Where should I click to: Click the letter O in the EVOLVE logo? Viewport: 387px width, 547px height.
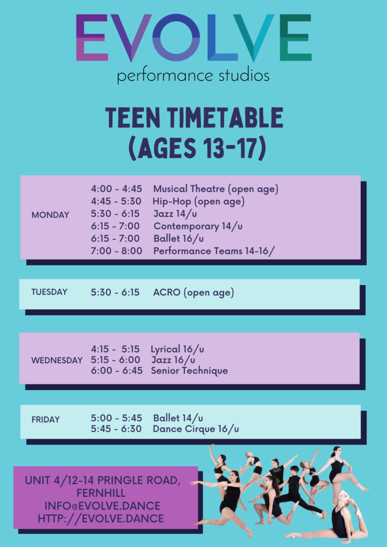[176, 38]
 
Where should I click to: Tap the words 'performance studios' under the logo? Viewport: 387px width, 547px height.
[193, 76]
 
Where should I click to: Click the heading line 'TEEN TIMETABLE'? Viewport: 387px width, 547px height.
[194, 118]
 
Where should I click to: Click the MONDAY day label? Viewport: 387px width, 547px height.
[50, 215]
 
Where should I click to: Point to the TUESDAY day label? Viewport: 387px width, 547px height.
[49, 292]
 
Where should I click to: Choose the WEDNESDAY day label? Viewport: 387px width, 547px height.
[57, 360]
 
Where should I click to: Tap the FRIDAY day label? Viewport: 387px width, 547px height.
[46, 419]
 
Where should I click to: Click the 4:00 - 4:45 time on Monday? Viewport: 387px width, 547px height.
[117, 189]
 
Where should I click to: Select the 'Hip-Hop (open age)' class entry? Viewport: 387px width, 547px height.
[198, 201]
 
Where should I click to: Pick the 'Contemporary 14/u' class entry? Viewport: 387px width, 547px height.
[198, 226]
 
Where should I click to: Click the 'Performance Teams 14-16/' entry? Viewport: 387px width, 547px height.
[212, 251]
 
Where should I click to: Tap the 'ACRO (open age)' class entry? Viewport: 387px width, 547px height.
[193, 293]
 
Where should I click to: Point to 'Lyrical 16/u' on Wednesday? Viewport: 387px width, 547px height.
[177, 349]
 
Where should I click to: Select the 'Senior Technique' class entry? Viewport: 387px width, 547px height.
[189, 371]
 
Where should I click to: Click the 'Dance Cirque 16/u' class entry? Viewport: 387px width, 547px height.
[196, 429]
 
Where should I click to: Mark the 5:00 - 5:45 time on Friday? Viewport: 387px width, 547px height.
[117, 418]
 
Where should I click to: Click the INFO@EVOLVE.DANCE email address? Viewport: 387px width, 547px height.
[102, 505]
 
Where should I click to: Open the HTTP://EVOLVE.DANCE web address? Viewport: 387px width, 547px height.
[101, 518]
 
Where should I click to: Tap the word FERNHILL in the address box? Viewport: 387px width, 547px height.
[101, 493]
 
